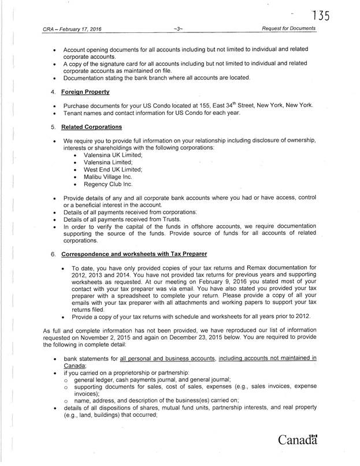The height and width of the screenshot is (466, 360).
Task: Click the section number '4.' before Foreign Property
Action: coord(53,91)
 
